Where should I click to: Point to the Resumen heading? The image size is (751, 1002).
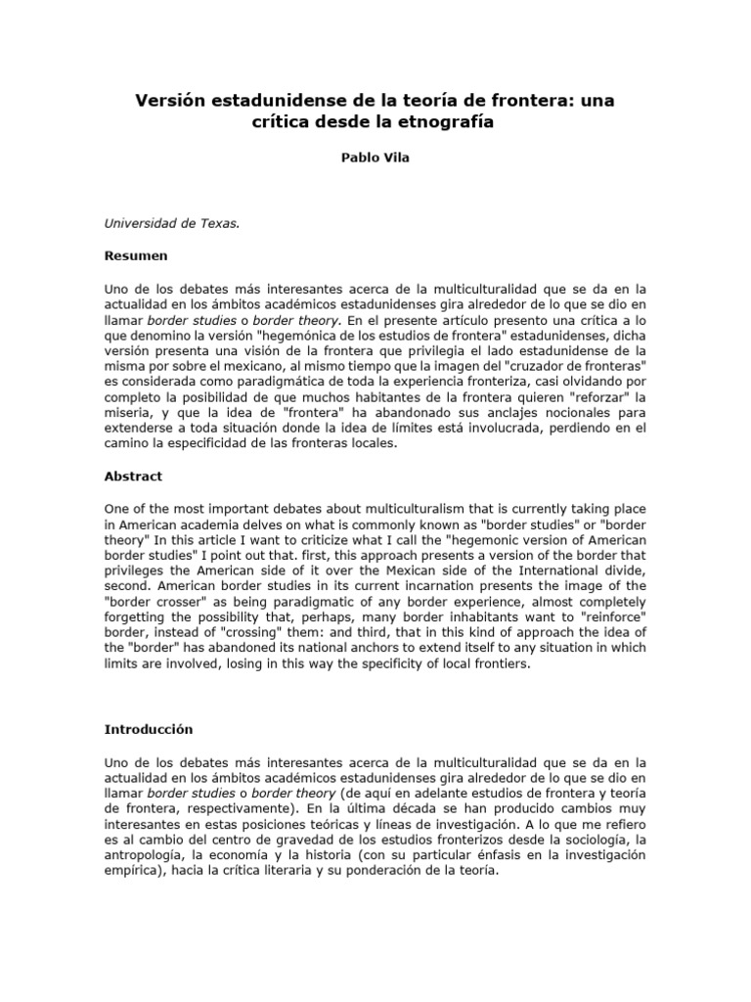pos(136,255)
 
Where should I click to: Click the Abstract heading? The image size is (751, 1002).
pos(133,477)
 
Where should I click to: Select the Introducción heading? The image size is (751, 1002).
pos(149,729)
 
